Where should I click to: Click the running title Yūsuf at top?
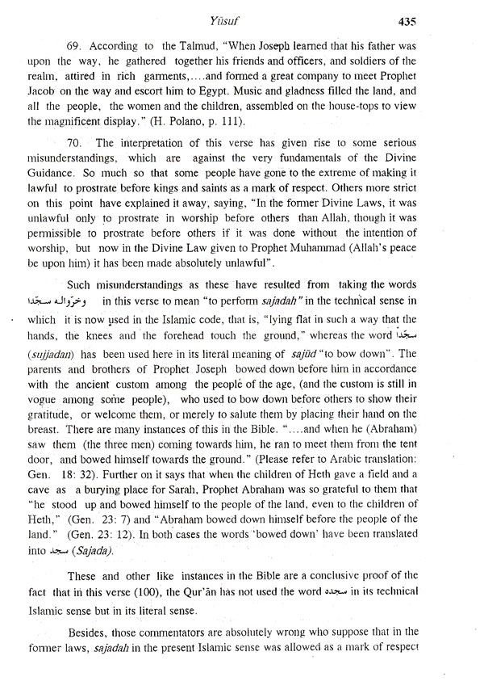pyautogui.click(x=241, y=19)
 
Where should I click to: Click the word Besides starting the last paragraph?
pyautogui.click(x=90, y=656)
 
